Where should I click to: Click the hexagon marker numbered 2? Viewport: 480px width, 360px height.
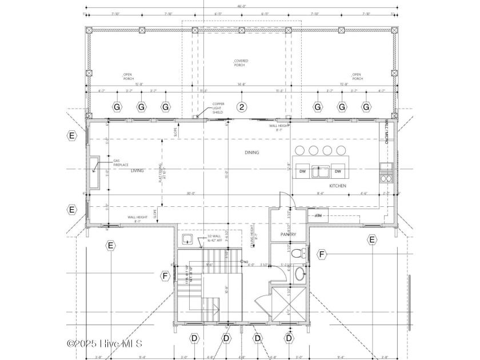[x=242, y=107]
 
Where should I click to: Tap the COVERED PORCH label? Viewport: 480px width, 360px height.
[x=239, y=63]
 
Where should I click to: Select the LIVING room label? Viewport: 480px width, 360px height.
[x=137, y=170]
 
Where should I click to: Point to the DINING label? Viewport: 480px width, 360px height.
[x=251, y=153]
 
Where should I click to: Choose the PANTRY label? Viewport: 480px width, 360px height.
[x=287, y=234]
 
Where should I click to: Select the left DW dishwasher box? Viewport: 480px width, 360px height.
[x=302, y=171]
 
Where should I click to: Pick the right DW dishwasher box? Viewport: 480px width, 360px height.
[x=338, y=171]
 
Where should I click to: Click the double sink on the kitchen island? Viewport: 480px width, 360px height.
[x=320, y=170]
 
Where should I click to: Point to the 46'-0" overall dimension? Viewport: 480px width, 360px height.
[x=241, y=7]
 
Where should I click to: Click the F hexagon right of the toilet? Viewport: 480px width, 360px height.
[x=322, y=253]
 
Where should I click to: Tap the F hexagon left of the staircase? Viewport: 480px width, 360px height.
[x=166, y=276]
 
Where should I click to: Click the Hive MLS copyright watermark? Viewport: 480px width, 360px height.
[x=105, y=343]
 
